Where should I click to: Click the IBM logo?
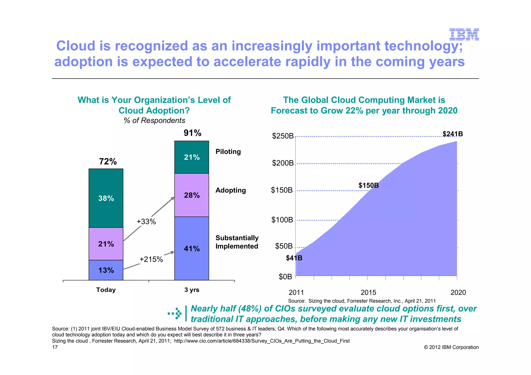click(464, 34)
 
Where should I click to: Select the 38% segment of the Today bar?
click(106, 198)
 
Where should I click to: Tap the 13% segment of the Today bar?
click(106, 270)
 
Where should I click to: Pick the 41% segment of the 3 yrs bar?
click(192, 249)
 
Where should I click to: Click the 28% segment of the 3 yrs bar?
click(192, 195)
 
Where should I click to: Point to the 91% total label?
click(192, 133)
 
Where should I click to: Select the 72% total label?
click(108, 161)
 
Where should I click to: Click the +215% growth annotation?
click(151, 259)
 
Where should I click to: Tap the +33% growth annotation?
click(146, 222)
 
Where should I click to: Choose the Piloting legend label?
click(228, 152)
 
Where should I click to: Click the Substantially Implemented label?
click(237, 242)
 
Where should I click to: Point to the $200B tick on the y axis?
click(283, 163)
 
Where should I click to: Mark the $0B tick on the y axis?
click(285, 277)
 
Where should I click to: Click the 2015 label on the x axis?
click(368, 293)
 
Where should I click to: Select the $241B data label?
click(452, 134)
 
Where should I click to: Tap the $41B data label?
click(294, 258)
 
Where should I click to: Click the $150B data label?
click(368, 185)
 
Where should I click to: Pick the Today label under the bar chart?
click(106, 290)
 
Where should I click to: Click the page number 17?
click(55, 347)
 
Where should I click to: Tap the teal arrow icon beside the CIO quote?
click(175, 313)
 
